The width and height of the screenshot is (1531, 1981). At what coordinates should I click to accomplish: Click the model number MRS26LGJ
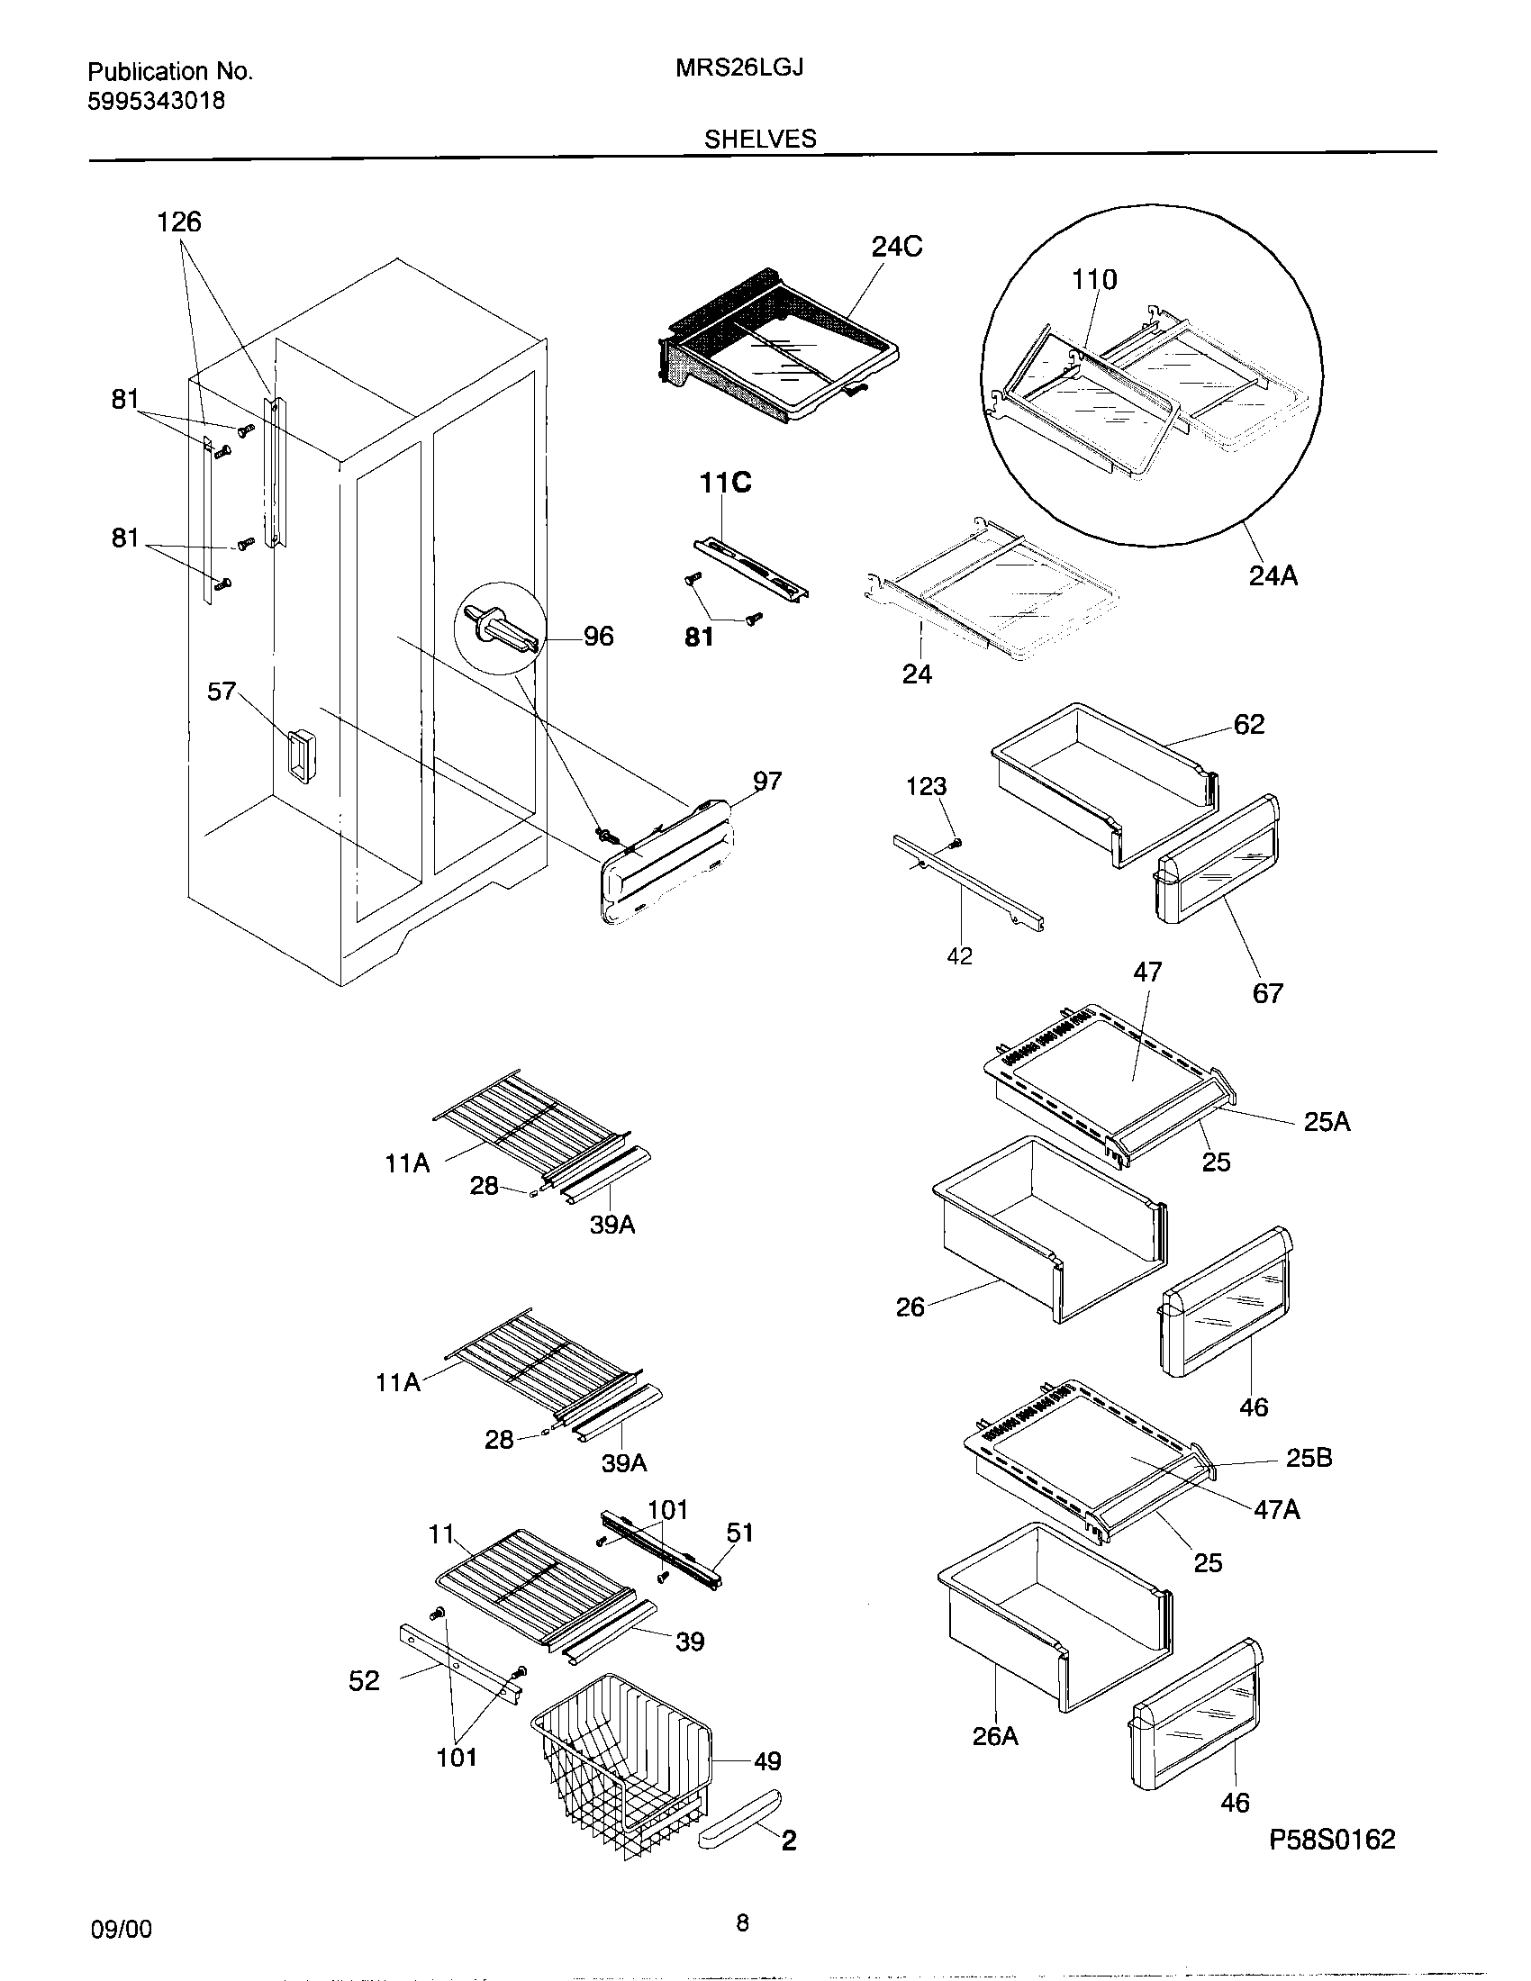[x=739, y=69]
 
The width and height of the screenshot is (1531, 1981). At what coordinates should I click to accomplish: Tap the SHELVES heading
[x=760, y=139]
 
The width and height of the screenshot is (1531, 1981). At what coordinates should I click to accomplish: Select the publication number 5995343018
[x=156, y=101]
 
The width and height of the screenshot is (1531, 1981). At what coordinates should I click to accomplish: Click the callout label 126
[x=178, y=222]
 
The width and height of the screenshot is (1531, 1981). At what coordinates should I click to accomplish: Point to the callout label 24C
[x=896, y=247]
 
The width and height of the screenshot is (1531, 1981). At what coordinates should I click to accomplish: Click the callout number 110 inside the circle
[x=1094, y=279]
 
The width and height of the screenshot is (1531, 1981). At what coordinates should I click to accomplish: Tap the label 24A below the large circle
[x=1273, y=575]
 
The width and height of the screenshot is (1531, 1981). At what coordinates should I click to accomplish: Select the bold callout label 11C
[x=725, y=484]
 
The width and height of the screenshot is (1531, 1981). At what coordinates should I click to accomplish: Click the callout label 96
[x=598, y=637]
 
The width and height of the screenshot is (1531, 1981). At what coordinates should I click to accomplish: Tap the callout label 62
[x=1248, y=724]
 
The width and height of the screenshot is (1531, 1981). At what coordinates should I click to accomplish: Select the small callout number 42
[x=959, y=956]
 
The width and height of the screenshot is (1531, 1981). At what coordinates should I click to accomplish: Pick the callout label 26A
[x=995, y=1736]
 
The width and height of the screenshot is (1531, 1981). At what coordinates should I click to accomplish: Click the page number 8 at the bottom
[x=742, y=1941]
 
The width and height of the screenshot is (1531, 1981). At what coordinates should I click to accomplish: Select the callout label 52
[x=364, y=1681]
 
